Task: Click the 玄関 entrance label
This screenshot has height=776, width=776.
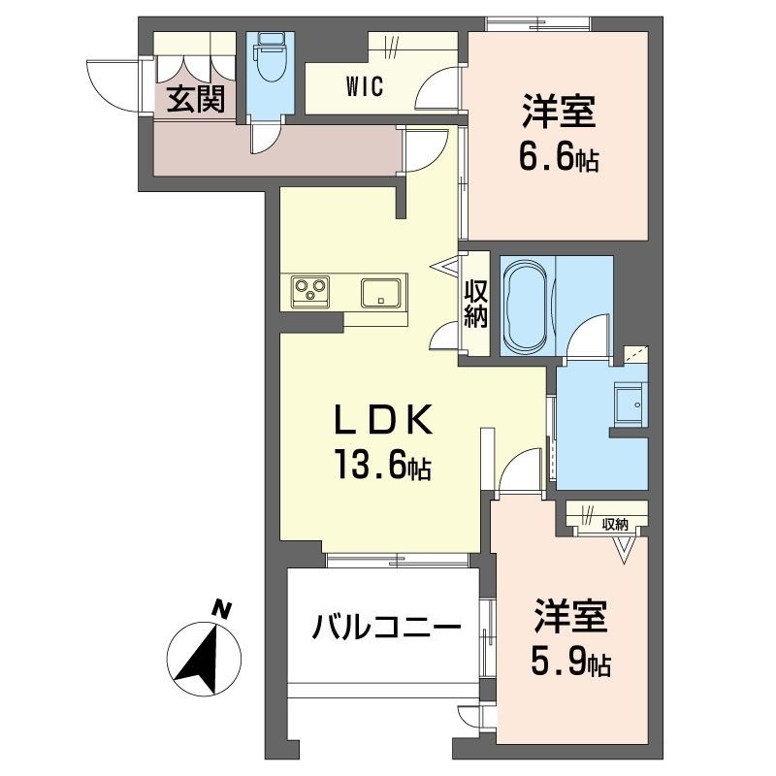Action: pos(197,100)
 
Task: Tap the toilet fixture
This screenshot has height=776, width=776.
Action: pos(267,61)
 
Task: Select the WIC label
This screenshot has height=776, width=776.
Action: pos(365,86)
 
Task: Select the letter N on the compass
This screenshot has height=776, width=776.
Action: pos(222,610)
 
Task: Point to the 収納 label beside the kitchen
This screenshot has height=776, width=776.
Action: pos(474,304)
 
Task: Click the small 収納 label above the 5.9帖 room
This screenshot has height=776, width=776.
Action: pos(615,524)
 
